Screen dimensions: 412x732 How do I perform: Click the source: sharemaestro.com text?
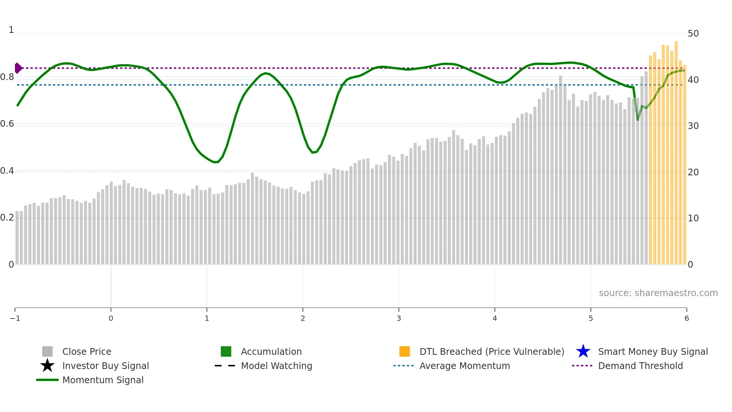coord(658,293)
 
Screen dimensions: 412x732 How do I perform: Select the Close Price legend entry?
coord(87,351)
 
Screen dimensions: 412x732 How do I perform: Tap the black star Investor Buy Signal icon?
coord(47,366)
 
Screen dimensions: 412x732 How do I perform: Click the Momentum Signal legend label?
coord(103,380)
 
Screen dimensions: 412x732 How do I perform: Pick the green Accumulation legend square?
coord(226,351)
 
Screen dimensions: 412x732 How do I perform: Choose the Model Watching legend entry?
coord(276,366)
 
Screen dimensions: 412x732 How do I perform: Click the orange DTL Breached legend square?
coord(404,351)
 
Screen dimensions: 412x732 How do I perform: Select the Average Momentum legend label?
coord(465,366)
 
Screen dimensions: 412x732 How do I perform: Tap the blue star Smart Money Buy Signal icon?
coord(583,351)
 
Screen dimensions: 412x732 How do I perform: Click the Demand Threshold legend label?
coord(640,366)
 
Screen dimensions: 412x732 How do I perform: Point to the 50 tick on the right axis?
coord(693,34)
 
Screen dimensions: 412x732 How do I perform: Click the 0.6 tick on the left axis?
coord(7,124)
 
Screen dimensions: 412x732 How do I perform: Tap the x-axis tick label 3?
coord(399,318)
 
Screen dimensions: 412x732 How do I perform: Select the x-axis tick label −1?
coord(15,318)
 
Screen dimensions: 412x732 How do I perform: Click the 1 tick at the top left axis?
coord(11,30)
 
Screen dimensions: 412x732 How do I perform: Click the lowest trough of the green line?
coord(215,162)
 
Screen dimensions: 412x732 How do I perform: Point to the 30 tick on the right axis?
coord(693,126)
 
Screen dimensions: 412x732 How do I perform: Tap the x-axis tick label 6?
coord(686,318)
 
